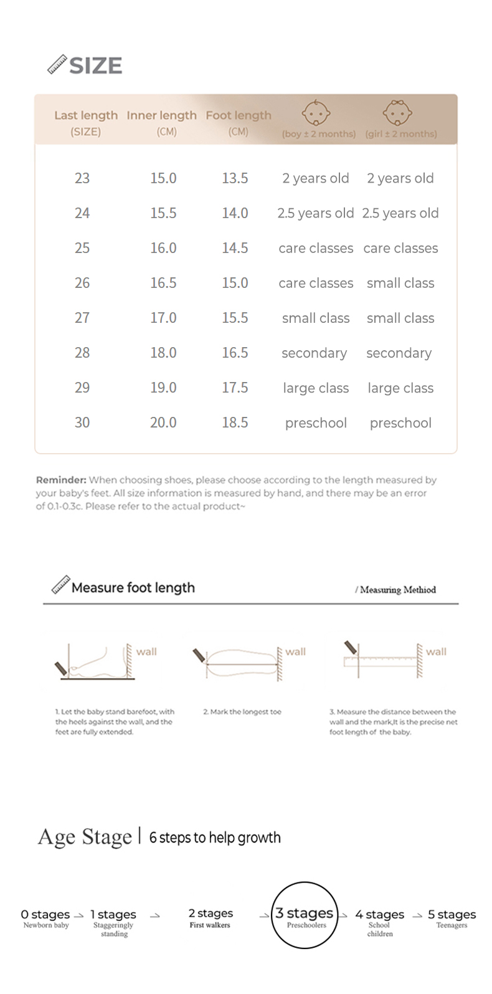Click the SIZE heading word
(x=95, y=65)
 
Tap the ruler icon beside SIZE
(x=57, y=65)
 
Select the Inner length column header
(x=161, y=115)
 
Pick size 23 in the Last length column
(x=82, y=178)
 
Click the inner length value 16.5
(x=163, y=283)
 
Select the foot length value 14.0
(x=235, y=213)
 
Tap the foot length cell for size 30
(x=235, y=423)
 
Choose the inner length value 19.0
(x=163, y=388)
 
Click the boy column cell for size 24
(x=316, y=213)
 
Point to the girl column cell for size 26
(x=400, y=283)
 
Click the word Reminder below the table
(x=60, y=480)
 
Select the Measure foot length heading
(x=133, y=588)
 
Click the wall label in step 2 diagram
(x=296, y=652)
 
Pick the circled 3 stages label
(x=305, y=914)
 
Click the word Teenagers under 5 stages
(x=452, y=925)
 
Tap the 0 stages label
(x=45, y=914)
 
